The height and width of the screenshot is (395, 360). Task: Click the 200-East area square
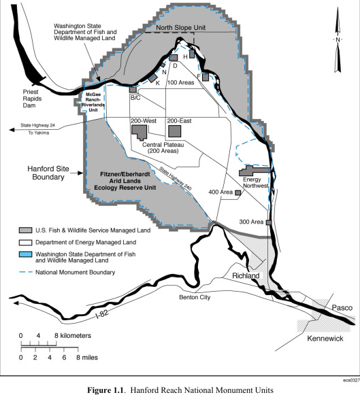tap(175, 131)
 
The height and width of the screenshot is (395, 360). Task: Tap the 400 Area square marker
tap(238, 193)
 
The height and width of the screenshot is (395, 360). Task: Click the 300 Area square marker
tap(269, 222)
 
